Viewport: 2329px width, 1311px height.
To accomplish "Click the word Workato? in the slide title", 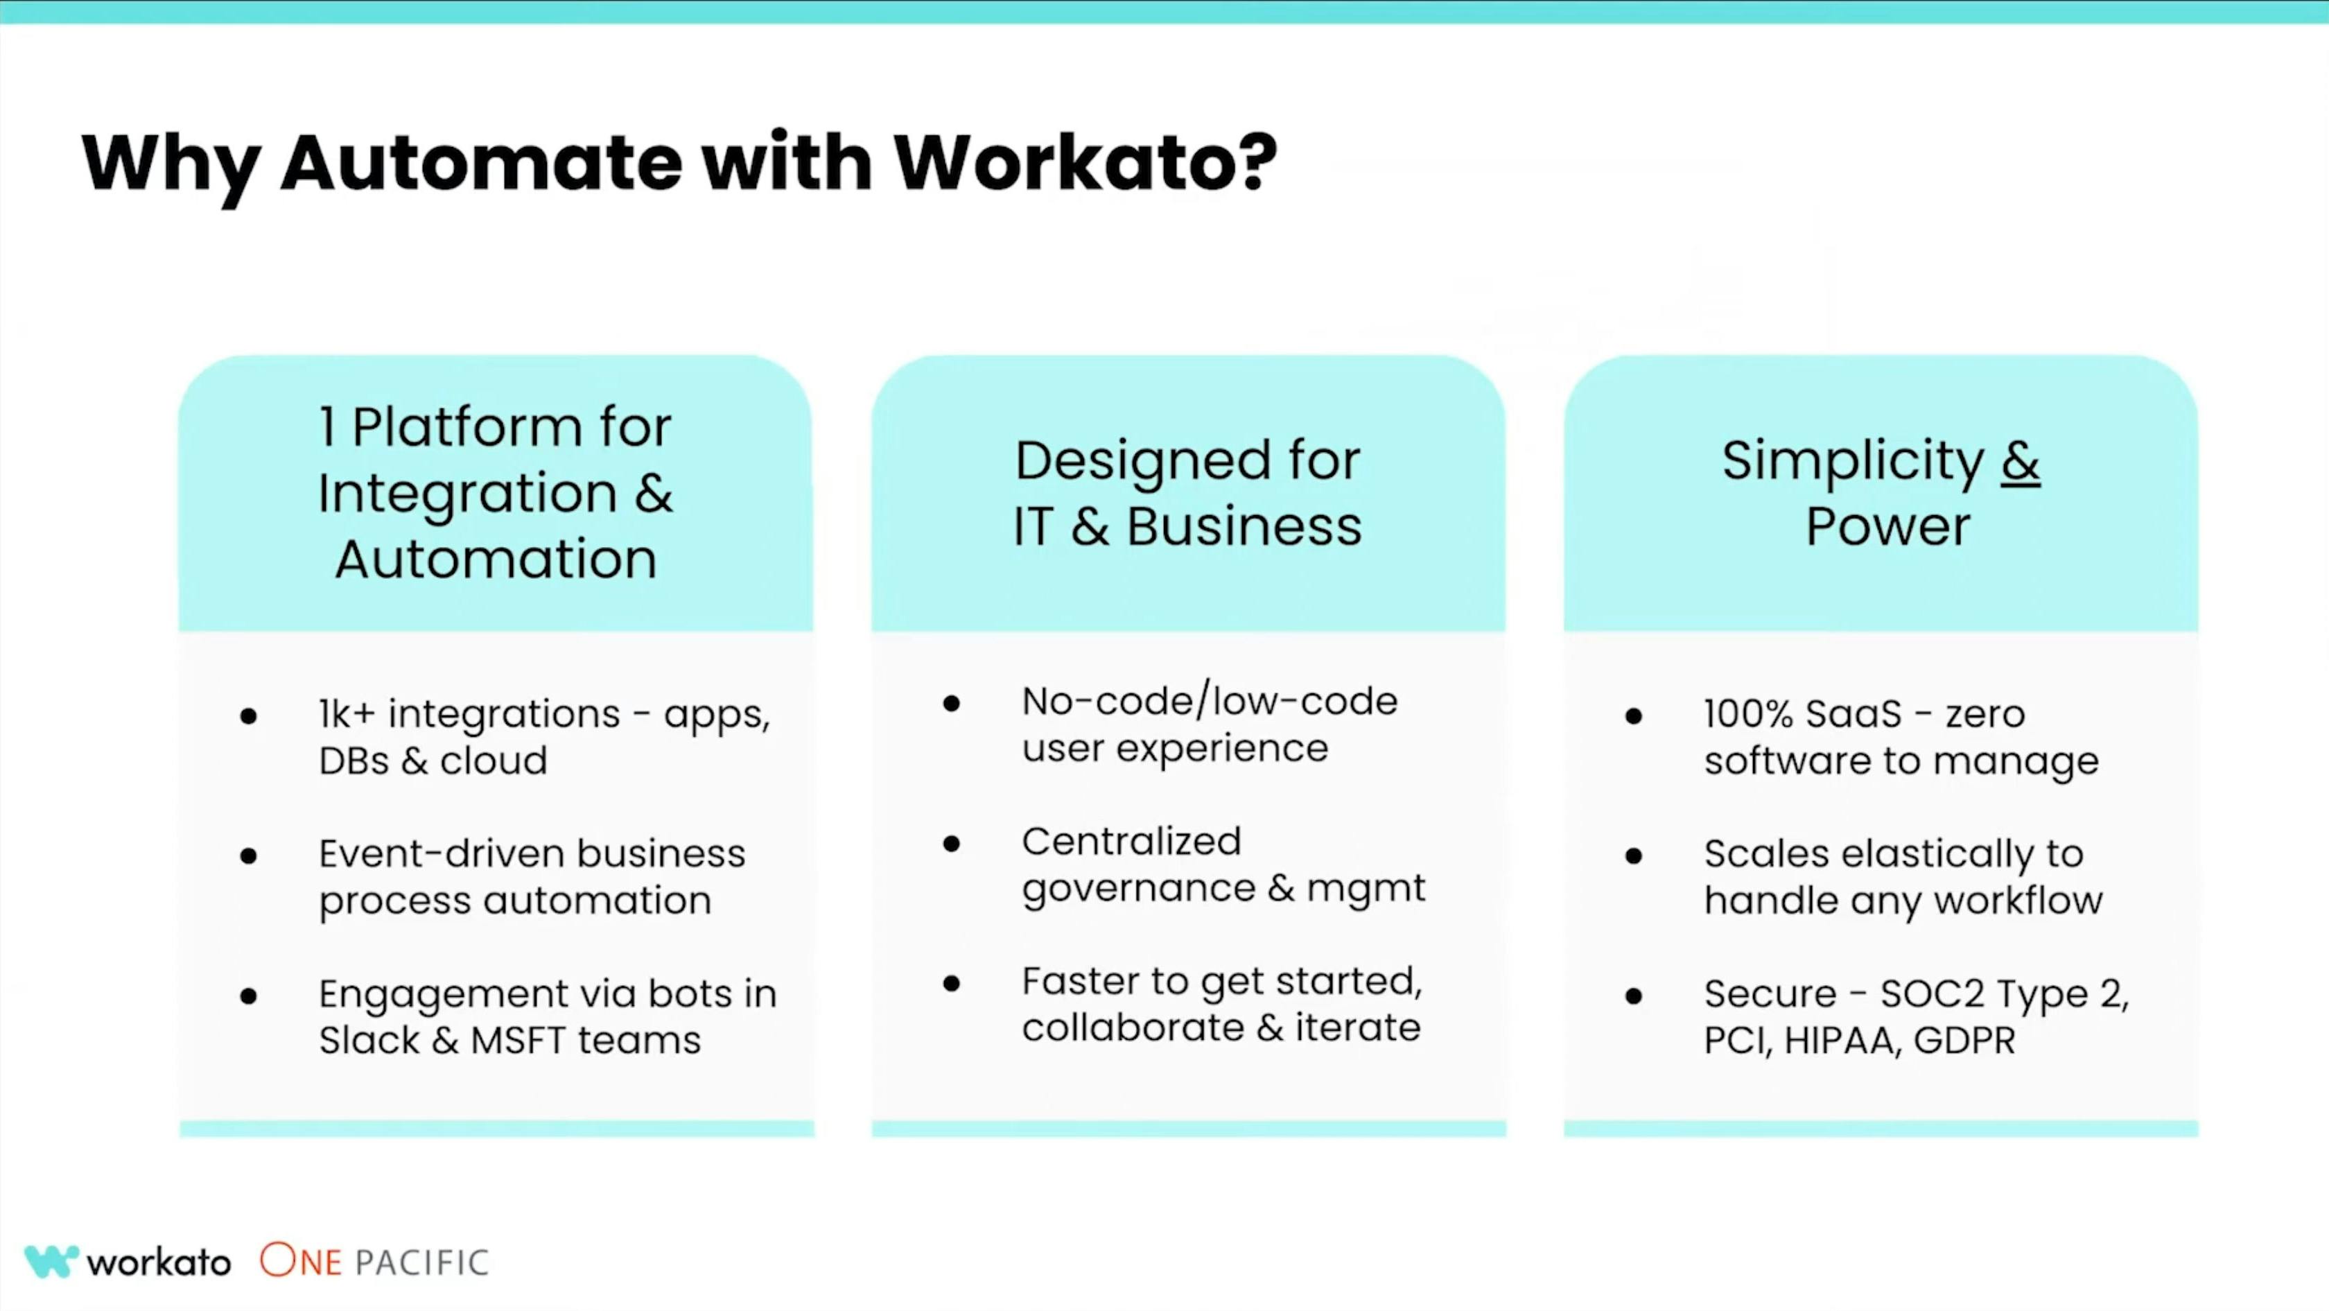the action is [1085, 163].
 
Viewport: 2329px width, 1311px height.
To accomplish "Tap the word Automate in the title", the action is [481, 163].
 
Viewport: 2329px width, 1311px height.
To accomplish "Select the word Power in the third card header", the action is [1887, 526].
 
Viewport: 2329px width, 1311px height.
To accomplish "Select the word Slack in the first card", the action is [369, 1041].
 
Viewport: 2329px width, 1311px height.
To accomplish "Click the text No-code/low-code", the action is [1210, 702].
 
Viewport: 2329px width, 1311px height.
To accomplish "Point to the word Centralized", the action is [1131, 842].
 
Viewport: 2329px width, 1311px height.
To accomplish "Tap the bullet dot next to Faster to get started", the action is [951, 983].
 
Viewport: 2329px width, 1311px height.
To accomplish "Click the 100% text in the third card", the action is [1747, 714].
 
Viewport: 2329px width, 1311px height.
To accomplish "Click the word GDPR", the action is [1964, 1041].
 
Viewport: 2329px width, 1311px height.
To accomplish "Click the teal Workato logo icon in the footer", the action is [51, 1261].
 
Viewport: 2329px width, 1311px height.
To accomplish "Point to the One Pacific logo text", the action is [374, 1261].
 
